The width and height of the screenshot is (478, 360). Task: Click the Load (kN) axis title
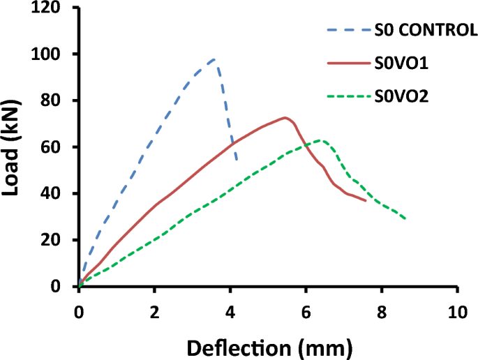[15, 148]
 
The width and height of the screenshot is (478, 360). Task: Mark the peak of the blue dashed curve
[214, 59]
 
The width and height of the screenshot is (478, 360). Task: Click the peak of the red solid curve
[285, 117]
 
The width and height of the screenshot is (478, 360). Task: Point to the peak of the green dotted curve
[320, 140]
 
